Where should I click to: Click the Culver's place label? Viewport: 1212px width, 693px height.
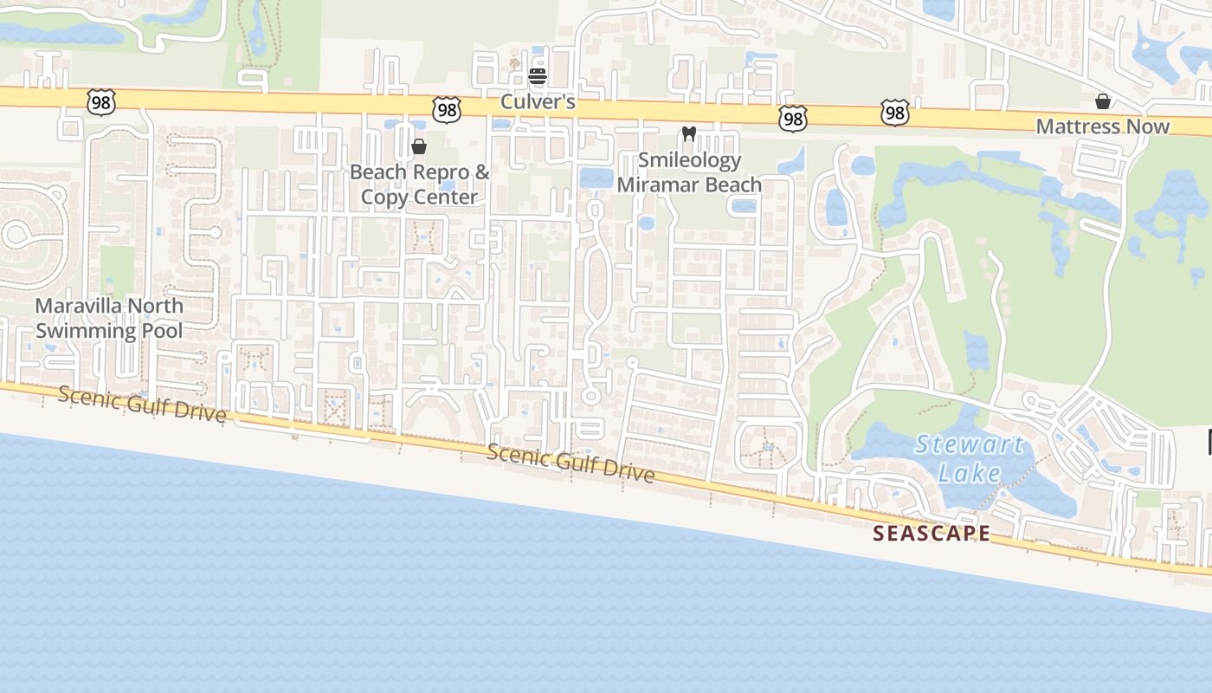(x=538, y=102)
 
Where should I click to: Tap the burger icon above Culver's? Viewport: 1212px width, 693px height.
(x=538, y=75)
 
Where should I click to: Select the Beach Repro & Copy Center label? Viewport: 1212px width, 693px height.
(x=419, y=185)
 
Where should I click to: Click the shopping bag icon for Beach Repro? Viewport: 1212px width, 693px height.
(x=419, y=146)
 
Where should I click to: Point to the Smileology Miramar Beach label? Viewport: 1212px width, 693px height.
(x=689, y=172)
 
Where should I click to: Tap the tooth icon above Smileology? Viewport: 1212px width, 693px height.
(x=689, y=133)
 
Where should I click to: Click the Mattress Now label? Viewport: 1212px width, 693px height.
(x=1102, y=126)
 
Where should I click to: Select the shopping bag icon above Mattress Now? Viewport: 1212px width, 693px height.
(x=1103, y=101)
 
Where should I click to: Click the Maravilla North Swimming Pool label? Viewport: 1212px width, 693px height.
(x=109, y=318)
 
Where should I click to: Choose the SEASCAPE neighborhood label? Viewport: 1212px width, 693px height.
(x=931, y=534)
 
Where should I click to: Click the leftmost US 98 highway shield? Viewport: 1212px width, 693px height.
(x=101, y=101)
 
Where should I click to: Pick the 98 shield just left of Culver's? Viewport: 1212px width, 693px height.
(x=447, y=109)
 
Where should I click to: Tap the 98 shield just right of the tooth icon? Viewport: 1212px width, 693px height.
(x=792, y=119)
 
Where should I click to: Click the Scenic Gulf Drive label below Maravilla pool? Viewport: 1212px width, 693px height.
(x=143, y=405)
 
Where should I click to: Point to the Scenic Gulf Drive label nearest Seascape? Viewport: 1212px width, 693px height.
(x=570, y=463)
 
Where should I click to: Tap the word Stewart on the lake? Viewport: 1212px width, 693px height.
(x=970, y=445)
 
